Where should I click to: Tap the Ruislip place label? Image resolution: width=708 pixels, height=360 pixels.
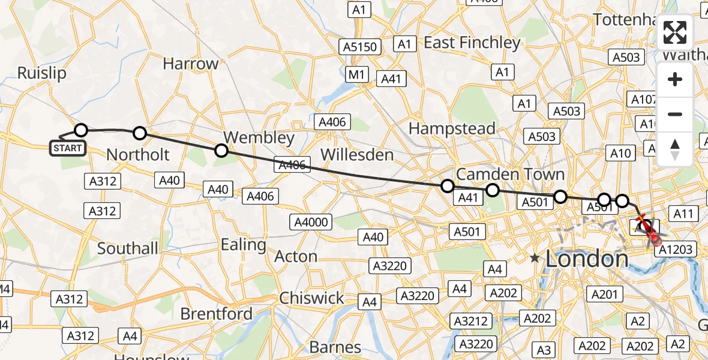(42, 73)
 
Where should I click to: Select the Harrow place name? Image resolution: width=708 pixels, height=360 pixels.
(191, 64)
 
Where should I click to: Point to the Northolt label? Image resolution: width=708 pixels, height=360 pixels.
(137, 155)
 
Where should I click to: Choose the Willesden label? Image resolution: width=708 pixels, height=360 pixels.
(357, 155)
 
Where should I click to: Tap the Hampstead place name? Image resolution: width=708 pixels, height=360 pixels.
(452, 128)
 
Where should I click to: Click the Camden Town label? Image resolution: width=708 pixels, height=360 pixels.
(510, 175)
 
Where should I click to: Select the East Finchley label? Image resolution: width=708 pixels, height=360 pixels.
(472, 43)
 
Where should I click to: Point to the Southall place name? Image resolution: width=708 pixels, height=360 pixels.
(128, 248)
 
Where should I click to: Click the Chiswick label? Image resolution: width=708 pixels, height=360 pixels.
(311, 298)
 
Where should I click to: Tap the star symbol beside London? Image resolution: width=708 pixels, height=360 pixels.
(535, 259)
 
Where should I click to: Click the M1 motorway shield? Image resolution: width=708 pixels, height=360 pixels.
(358, 74)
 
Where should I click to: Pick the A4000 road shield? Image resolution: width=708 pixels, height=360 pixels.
(311, 223)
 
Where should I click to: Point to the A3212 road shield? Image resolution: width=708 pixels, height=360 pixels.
(471, 321)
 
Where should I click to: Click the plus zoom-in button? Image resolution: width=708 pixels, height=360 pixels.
(675, 80)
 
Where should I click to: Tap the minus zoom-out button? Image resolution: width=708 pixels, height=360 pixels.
(675, 114)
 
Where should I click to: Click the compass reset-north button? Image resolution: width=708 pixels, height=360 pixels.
(675, 149)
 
